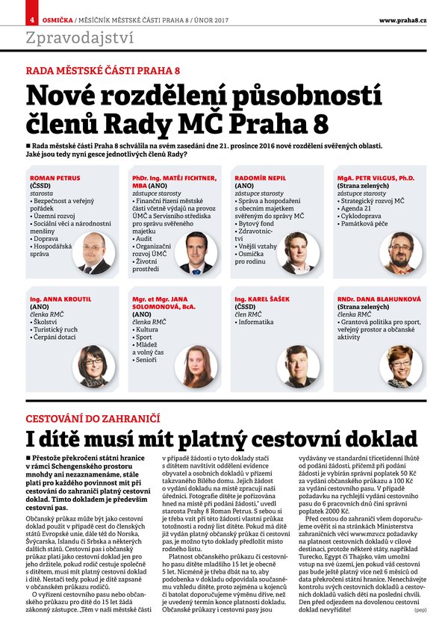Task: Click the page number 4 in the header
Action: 32,18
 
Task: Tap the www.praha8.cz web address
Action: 403,18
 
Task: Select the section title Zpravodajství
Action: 79,37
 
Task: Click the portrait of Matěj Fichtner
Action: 197,252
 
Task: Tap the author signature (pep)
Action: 420,610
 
